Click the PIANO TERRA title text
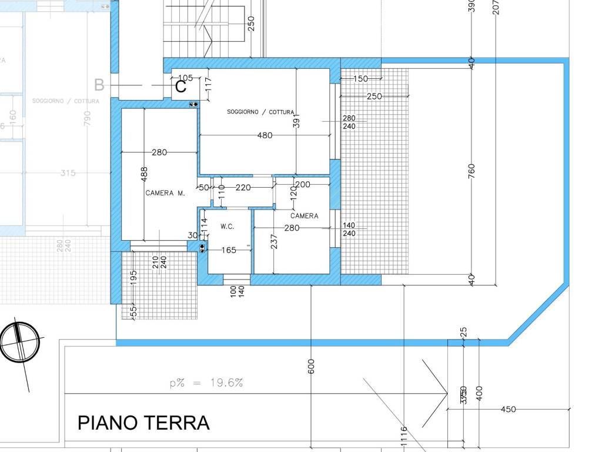(x=143, y=423)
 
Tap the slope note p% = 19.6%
(x=206, y=383)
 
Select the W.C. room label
(x=228, y=226)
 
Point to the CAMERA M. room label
(x=165, y=193)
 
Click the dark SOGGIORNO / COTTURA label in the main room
(x=260, y=112)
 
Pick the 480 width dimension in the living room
(x=265, y=135)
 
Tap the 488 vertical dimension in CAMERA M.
(x=145, y=173)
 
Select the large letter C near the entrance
(x=180, y=87)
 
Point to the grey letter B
(x=99, y=85)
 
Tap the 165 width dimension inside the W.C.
(x=229, y=250)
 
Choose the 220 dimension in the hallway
(x=243, y=188)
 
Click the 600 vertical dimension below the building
(x=311, y=366)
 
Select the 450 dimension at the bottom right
(x=509, y=409)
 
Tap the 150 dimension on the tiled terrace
(x=360, y=78)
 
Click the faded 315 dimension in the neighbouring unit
(x=68, y=173)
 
